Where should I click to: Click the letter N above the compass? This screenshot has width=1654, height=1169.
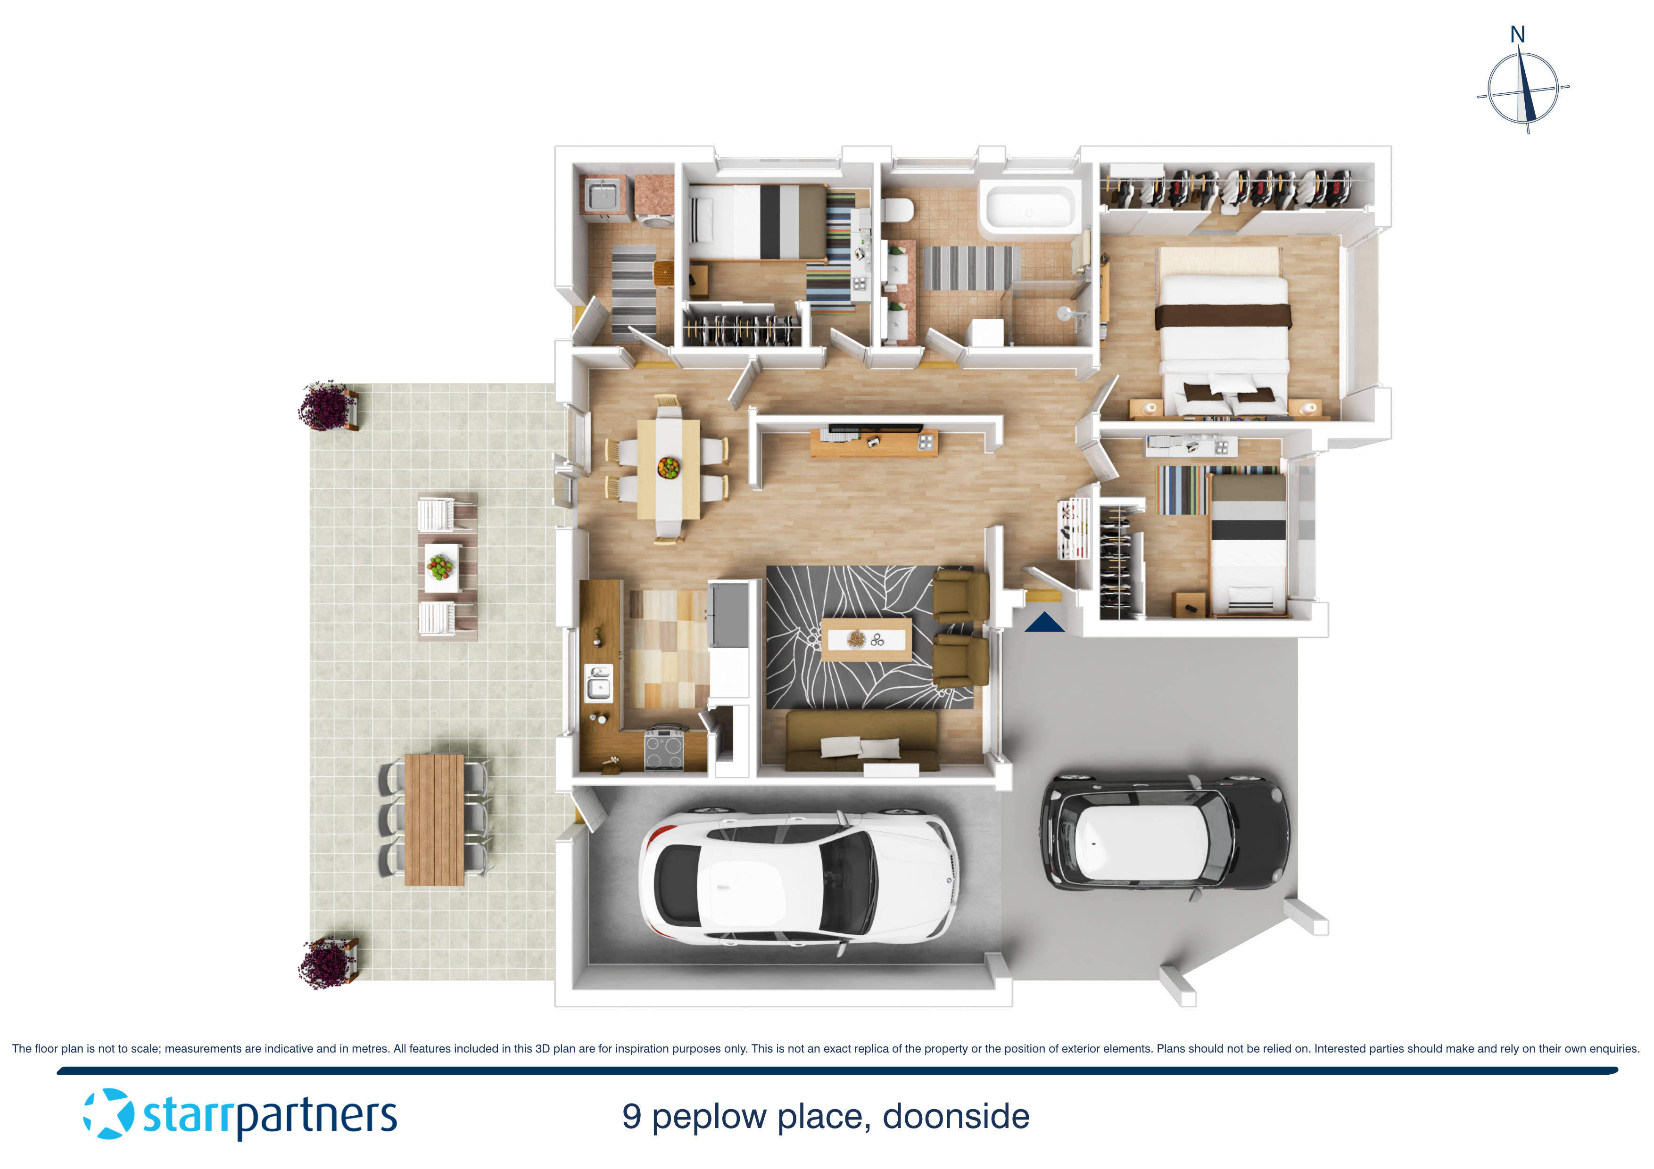point(1517,34)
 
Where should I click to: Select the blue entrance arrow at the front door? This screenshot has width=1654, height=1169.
point(1044,622)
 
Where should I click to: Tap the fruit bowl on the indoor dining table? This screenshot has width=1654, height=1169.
point(669,468)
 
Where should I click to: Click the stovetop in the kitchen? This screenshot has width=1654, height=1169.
point(663,749)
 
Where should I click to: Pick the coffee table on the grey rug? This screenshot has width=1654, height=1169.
point(866,639)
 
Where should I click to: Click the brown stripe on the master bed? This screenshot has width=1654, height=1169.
point(1223,315)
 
